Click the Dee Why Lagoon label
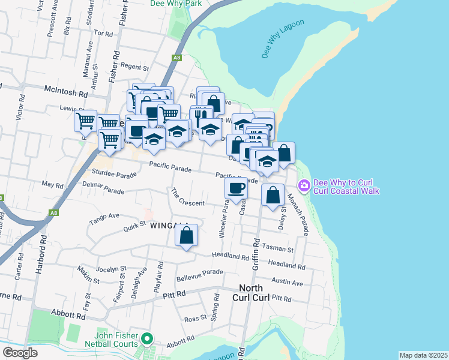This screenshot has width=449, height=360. pos(283,39)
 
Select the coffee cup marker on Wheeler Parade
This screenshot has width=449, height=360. pos(236,188)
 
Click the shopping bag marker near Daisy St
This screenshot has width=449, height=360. pos(273,195)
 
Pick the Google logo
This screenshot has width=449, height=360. pos(20,353)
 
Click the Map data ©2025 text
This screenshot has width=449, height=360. pos(423,355)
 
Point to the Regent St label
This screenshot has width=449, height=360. pos(134,67)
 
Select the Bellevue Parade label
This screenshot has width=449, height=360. pos(199,276)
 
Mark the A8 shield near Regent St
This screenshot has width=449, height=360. pos(176,58)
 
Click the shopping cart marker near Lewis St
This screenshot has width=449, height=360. pos(86,121)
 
